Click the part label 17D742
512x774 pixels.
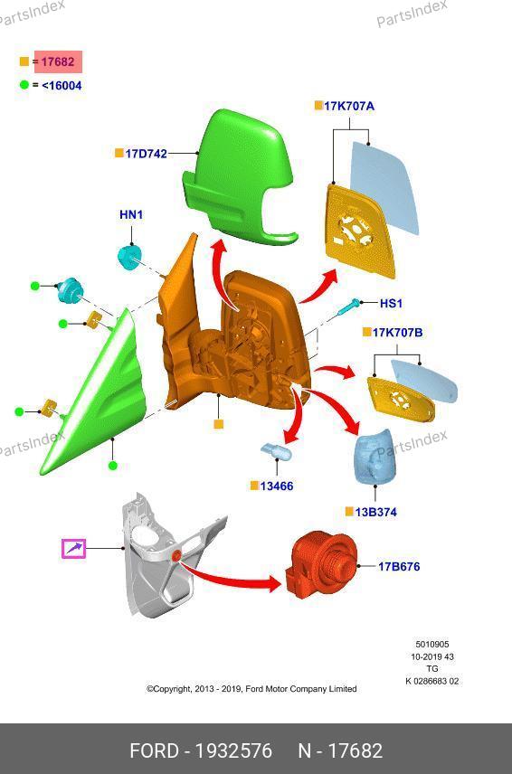(147, 154)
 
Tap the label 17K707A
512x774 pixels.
(349, 106)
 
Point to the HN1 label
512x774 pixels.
(131, 214)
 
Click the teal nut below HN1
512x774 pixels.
(130, 257)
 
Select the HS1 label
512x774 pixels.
(391, 303)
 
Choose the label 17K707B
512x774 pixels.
(397, 332)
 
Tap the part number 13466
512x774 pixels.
(277, 486)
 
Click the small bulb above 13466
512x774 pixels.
(276, 451)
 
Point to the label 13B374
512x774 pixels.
(375, 513)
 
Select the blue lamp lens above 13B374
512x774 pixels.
(375, 458)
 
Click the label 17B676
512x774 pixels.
(399, 566)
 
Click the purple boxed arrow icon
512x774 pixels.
(73, 549)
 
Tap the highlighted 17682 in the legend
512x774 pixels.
(58, 61)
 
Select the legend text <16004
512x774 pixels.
(62, 85)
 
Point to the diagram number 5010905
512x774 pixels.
(432, 644)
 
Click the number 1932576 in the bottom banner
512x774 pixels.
(233, 750)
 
